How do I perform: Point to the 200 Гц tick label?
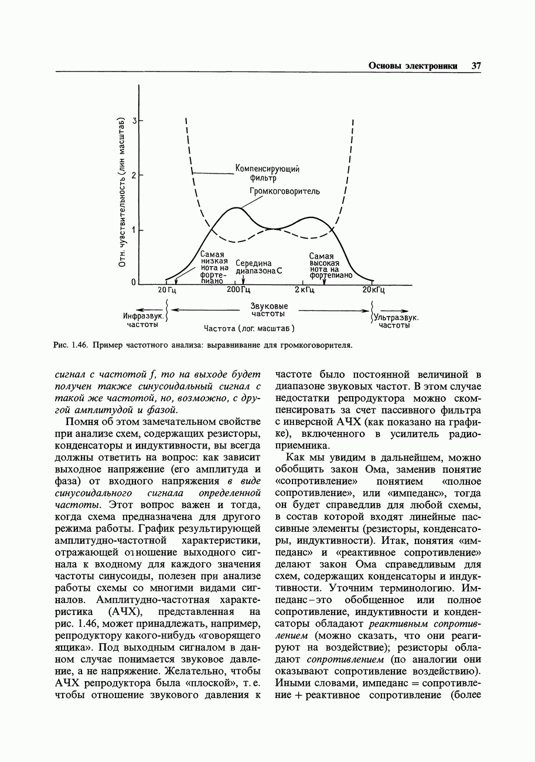tap(238, 290)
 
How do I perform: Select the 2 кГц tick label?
tap(305, 290)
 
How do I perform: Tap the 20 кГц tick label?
tap(373, 290)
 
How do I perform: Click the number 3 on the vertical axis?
tap(134, 121)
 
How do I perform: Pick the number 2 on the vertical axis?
tap(134, 175)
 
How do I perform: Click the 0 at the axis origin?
tap(134, 283)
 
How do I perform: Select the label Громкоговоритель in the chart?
tap(285, 191)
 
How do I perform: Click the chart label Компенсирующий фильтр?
tap(267, 173)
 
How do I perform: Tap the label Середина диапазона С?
tap(258, 267)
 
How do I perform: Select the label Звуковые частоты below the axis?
tap(268, 311)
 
